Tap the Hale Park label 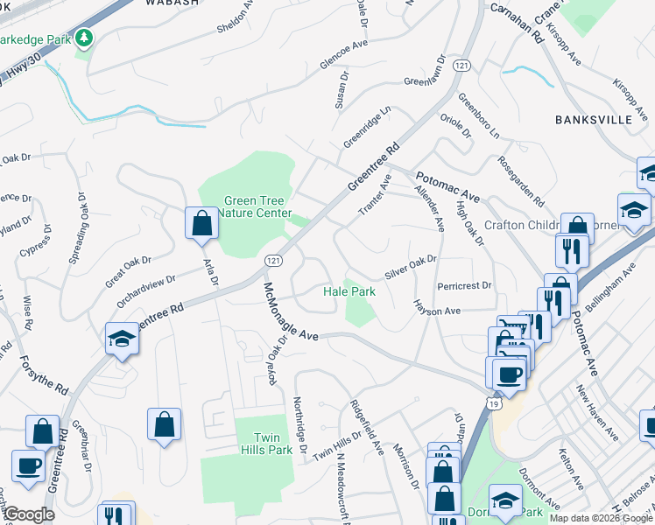(x=349, y=291)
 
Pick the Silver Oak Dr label (x=410, y=266)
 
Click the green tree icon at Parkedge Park (x=84, y=38)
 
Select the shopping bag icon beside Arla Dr (x=202, y=224)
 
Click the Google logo (x=28, y=514)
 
